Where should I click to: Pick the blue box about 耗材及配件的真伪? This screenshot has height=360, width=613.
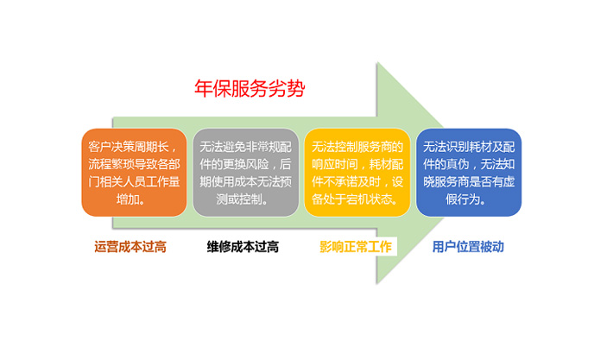coord(469,172)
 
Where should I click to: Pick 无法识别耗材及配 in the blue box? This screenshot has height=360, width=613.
coord(469,145)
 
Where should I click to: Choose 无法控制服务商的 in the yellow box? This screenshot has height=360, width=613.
coord(356,145)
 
